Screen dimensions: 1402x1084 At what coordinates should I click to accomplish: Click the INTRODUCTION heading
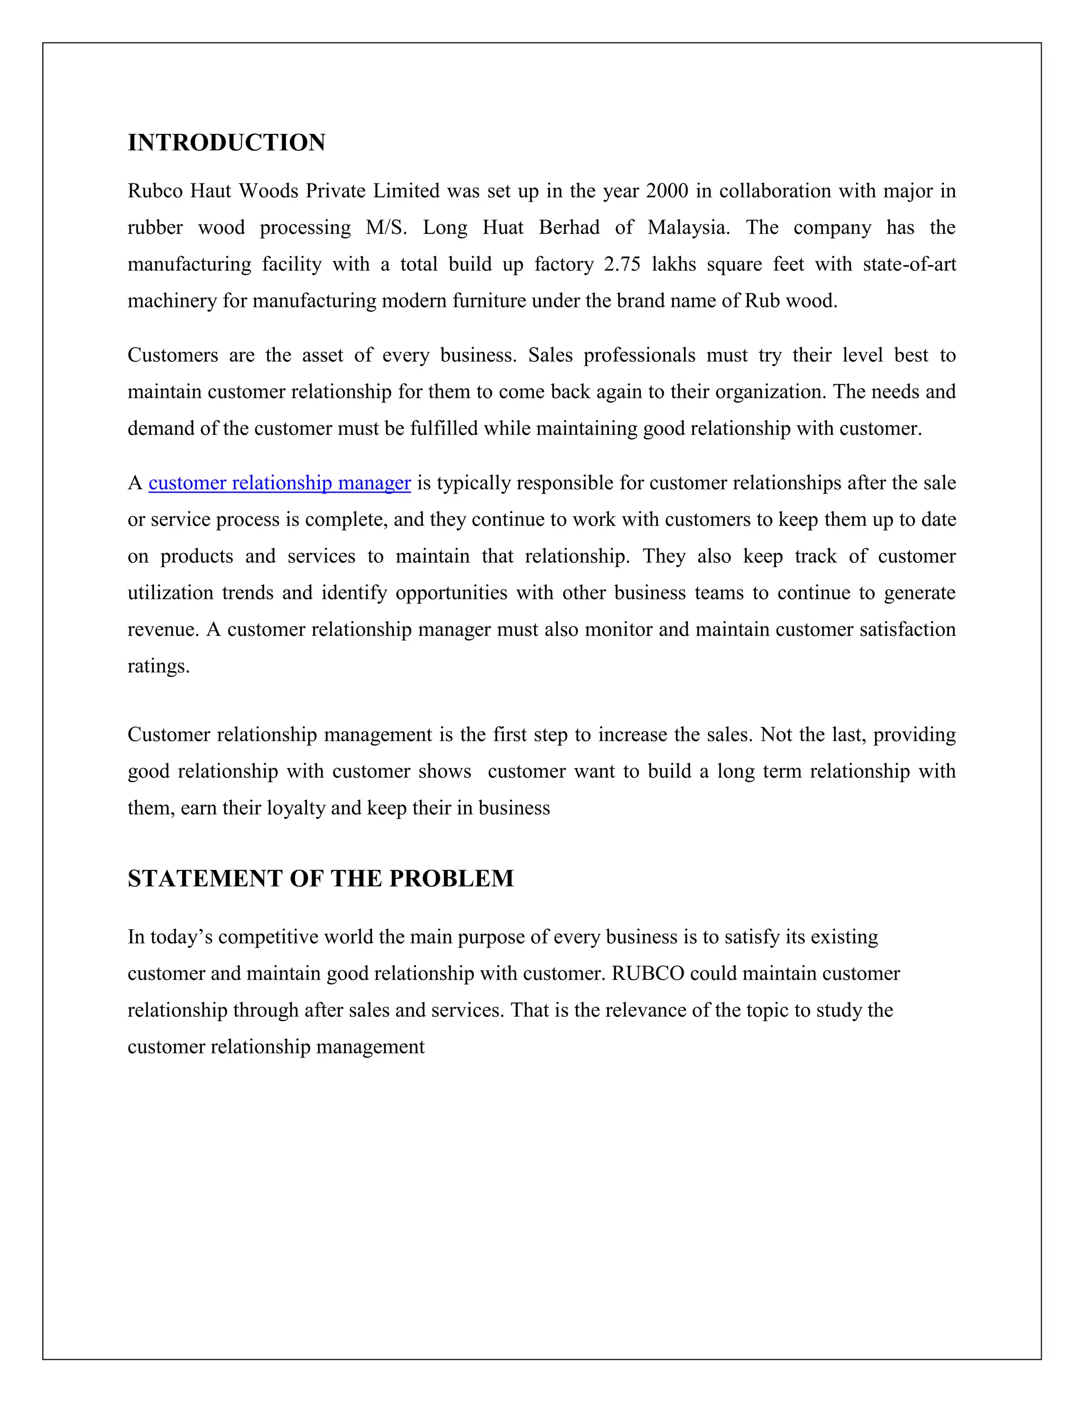[x=226, y=142]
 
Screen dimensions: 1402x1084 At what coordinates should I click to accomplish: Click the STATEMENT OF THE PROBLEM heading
[x=320, y=878]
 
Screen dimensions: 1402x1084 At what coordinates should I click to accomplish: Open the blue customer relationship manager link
[x=279, y=482]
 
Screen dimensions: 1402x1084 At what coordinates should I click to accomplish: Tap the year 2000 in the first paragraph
[x=666, y=192]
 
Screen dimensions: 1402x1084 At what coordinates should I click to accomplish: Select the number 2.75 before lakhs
[x=621, y=265]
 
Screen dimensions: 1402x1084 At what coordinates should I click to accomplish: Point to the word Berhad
[x=569, y=228]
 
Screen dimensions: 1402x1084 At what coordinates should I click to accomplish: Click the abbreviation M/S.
[x=386, y=228]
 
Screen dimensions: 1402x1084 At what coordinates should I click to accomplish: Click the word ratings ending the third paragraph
[x=158, y=666]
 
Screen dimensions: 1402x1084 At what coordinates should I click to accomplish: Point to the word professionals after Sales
[x=639, y=356]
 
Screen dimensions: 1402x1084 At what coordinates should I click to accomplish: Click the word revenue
[x=162, y=630]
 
